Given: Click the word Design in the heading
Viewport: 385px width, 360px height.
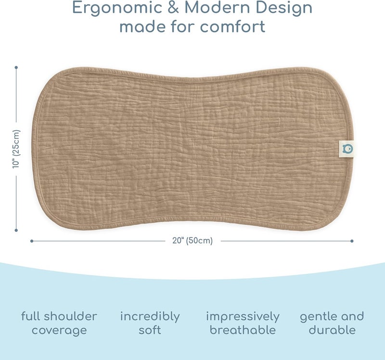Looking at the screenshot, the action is tap(284, 8).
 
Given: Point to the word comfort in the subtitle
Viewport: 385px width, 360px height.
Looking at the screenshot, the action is tap(233, 26).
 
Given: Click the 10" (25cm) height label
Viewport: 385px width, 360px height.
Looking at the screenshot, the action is tap(16, 149).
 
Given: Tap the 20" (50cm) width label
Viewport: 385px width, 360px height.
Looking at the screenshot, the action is tap(192, 241).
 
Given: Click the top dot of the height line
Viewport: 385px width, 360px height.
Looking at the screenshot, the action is tap(16, 67).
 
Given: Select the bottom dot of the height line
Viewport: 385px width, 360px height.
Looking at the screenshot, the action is tap(16, 230).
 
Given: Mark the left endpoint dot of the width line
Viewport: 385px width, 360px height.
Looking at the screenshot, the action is tap(32, 241).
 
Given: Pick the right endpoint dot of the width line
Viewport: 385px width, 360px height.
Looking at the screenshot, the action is tap(352, 241).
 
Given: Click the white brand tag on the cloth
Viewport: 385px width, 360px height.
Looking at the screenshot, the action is tap(346, 149).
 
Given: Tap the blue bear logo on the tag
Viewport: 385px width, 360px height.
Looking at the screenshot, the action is tap(347, 149).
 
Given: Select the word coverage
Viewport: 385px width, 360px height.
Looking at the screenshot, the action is tap(59, 331).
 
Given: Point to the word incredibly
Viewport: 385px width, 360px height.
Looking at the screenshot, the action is tap(150, 317).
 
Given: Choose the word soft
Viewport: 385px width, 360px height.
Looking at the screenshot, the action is tap(150, 330).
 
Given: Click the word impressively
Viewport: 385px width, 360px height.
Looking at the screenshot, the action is tap(243, 317).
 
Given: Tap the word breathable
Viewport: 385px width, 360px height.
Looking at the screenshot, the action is tap(243, 330).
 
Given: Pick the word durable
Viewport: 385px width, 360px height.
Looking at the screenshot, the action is tap(332, 330).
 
